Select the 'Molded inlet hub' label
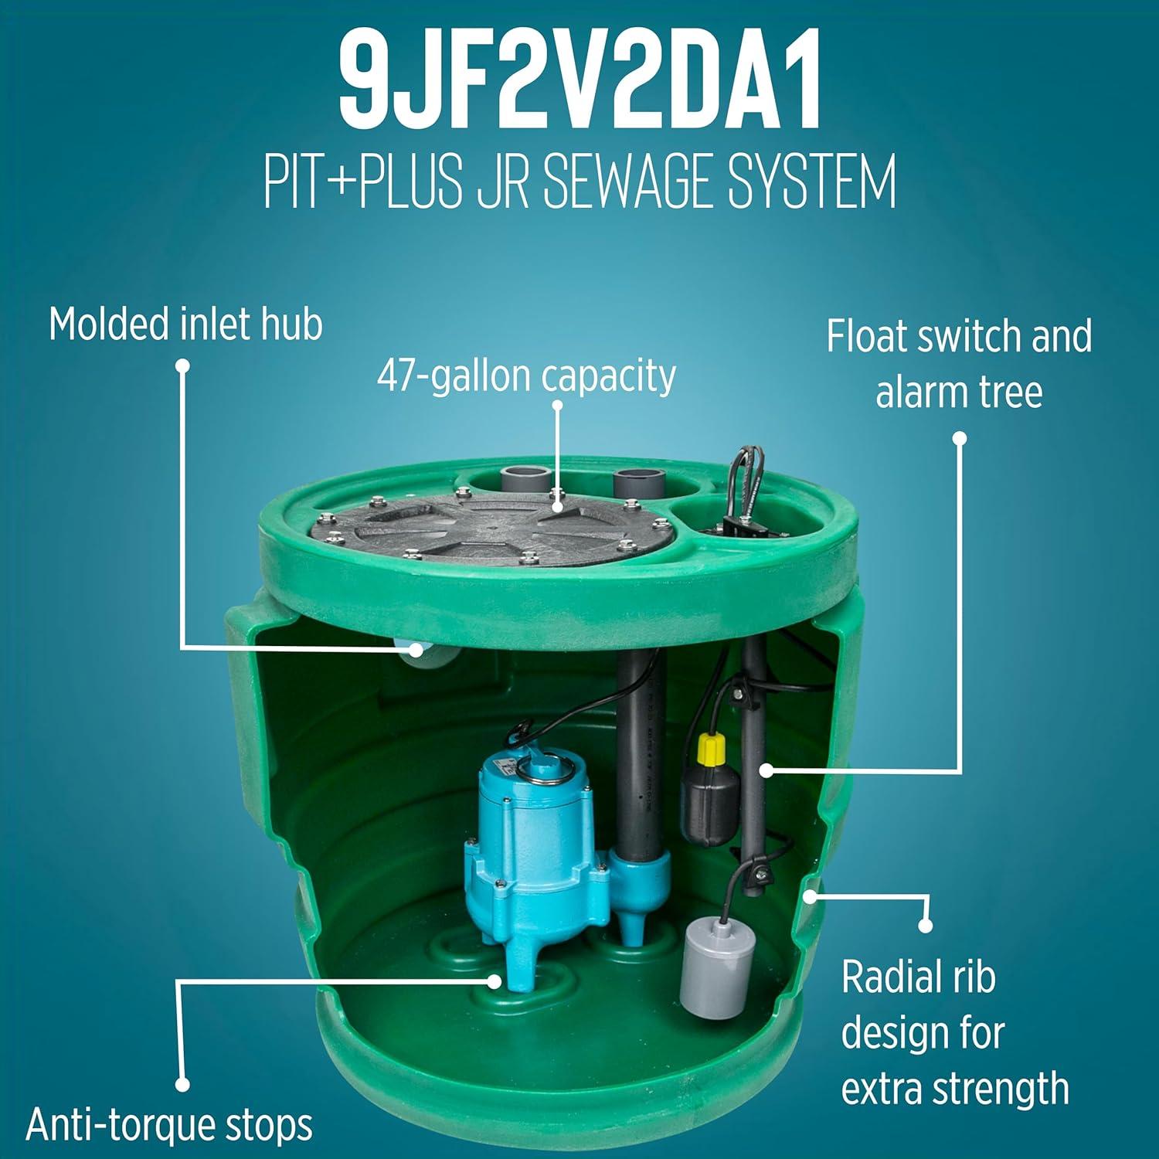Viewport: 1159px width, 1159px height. click(x=185, y=324)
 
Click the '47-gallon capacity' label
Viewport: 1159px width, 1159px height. click(x=526, y=377)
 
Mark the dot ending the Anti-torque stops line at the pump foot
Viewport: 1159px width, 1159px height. click(x=494, y=981)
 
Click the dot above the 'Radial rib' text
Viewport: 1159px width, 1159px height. click(x=925, y=926)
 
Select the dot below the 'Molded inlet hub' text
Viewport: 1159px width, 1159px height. click(x=182, y=365)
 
